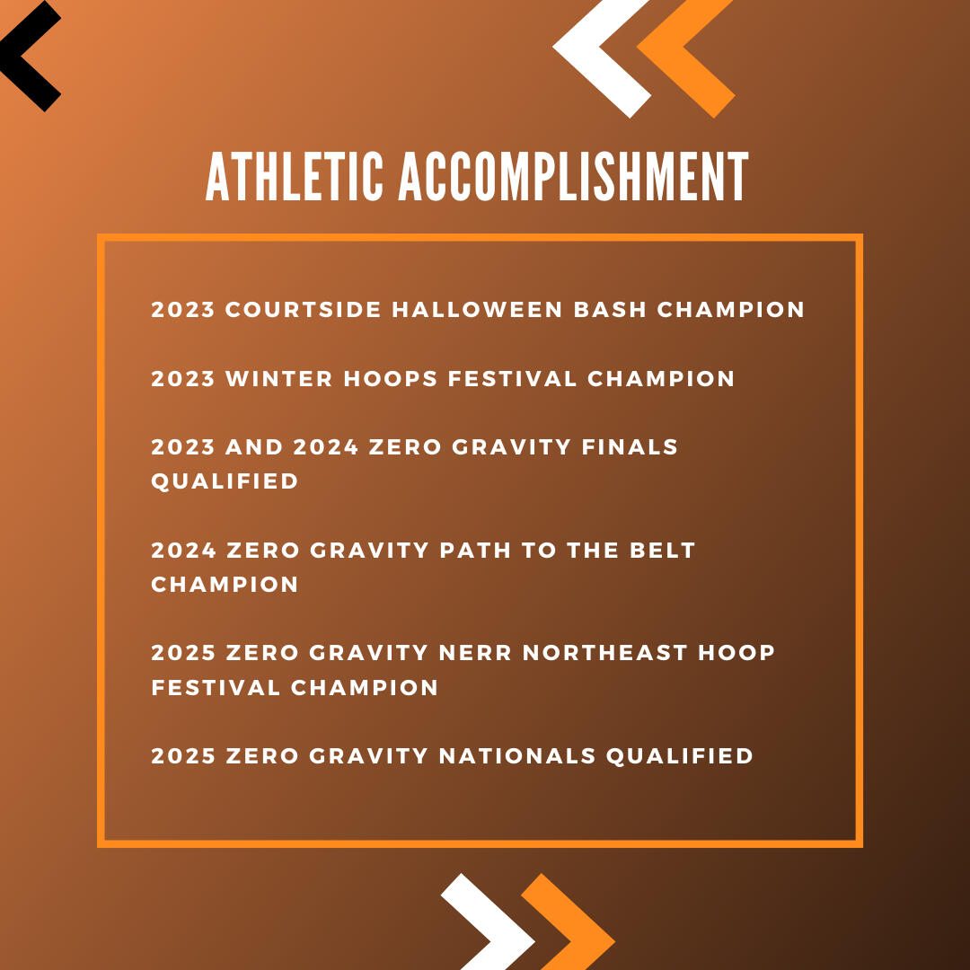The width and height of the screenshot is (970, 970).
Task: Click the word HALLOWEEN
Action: tap(477, 309)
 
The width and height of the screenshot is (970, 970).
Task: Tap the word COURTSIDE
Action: tap(304, 309)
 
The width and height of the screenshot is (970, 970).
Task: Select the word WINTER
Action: tap(279, 378)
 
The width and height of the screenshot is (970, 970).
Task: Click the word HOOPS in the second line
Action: tap(391, 378)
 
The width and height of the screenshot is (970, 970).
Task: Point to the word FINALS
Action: tap(630, 446)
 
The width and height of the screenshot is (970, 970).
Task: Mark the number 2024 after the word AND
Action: tap(325, 446)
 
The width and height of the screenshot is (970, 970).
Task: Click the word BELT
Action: tap(663, 550)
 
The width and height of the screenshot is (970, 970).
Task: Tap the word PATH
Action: tap(475, 550)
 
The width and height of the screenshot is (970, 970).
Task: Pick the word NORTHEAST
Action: tap(605, 653)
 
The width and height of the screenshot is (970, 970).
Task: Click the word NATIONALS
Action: tap(517, 755)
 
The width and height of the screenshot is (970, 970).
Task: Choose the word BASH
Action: tap(610, 309)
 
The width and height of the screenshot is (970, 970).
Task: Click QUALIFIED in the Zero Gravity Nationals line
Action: tap(680, 756)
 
